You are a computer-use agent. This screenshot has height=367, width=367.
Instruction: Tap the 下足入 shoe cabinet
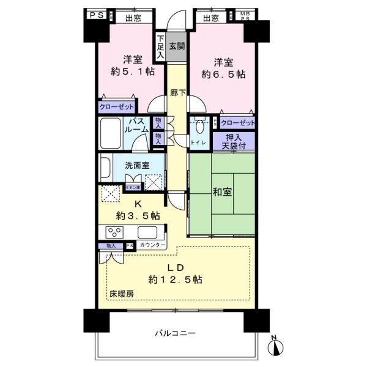tap(159, 46)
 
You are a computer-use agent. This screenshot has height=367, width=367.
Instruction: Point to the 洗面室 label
tap(137, 165)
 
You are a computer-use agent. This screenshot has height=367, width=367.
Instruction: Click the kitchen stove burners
tap(115, 232)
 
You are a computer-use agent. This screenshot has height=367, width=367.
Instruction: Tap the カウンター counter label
tap(152, 245)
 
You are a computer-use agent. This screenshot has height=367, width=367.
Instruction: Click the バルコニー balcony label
tap(175, 334)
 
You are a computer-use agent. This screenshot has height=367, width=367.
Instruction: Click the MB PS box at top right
tap(244, 16)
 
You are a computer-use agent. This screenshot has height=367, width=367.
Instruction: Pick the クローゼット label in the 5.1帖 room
tap(116, 106)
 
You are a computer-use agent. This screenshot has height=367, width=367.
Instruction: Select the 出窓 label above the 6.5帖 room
tap(211, 18)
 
